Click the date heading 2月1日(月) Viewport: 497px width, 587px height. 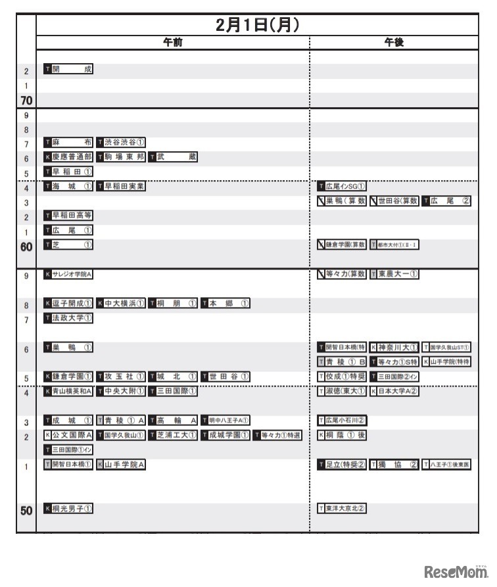[257, 25]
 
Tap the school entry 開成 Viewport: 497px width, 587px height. [68, 69]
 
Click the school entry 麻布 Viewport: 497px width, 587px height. [68, 142]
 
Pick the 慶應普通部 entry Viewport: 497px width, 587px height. [68, 156]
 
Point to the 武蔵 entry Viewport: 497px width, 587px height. [173, 156]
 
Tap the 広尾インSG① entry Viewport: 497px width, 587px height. [341, 186]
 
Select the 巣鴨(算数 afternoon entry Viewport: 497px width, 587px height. [341, 201]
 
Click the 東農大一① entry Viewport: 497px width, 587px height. [394, 274]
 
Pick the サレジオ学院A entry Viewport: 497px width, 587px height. [68, 274]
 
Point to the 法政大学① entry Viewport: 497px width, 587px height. [68, 318]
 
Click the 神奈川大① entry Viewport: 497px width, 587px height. [394, 347]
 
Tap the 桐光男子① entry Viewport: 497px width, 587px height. [68, 508]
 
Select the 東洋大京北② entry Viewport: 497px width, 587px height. [341, 508]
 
